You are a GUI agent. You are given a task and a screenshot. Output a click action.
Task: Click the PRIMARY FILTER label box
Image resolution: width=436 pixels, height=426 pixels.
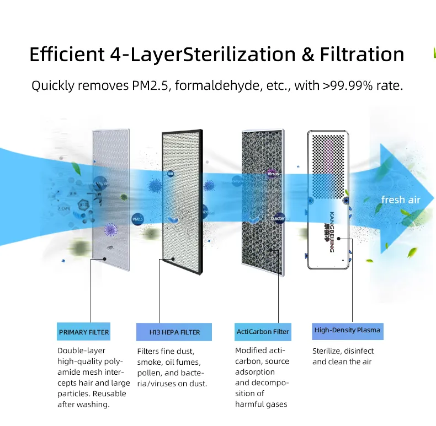83,332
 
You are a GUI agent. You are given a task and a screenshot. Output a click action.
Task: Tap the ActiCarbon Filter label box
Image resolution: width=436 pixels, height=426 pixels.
263,332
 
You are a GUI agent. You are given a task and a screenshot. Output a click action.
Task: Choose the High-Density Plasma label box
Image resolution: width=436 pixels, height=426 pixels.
347,331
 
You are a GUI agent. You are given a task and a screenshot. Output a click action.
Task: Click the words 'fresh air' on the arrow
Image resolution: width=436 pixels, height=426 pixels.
401,199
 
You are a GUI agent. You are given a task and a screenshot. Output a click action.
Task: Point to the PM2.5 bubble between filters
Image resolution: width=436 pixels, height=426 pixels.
138,219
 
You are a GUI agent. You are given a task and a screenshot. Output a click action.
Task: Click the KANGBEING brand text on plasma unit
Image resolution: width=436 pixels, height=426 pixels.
331,231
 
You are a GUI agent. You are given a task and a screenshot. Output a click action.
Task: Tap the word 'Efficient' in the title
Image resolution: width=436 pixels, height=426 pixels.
66,55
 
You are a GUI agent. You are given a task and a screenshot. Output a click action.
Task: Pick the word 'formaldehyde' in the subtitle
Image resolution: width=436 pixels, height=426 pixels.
210,86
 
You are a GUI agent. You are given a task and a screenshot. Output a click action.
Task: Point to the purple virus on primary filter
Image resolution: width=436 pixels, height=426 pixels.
111,229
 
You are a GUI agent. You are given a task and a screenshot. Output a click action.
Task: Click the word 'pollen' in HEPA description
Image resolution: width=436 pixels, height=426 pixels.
149,373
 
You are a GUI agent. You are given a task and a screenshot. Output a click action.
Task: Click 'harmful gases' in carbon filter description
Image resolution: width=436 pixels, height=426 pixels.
261,405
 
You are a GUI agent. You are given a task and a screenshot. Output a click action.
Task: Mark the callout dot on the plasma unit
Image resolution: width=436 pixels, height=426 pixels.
339,239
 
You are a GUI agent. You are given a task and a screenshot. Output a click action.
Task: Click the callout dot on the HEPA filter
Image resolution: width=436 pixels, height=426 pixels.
173,258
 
